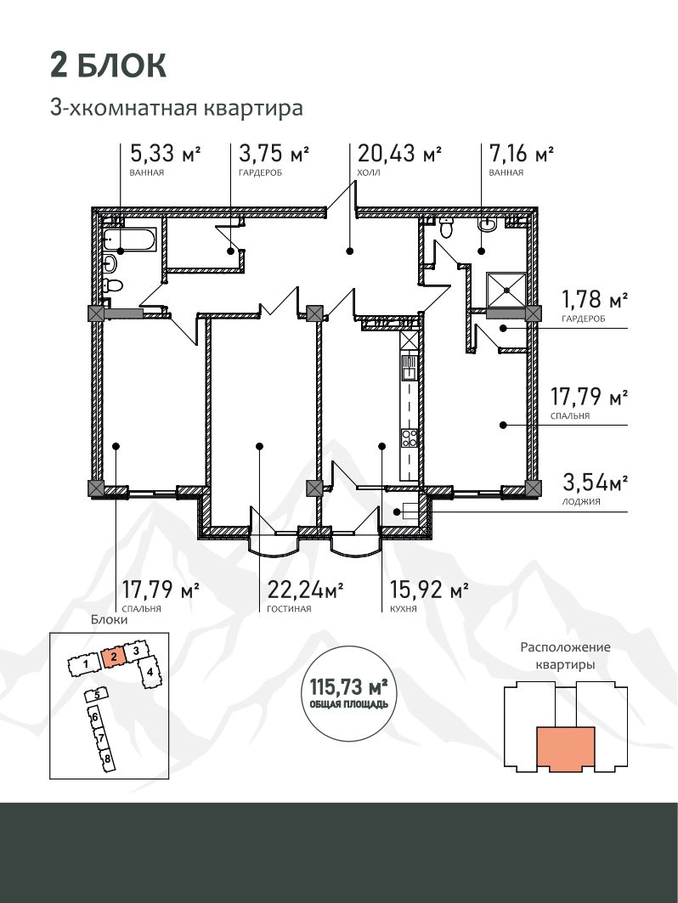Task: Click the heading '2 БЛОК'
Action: coord(108,65)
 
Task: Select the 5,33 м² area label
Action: coord(166,154)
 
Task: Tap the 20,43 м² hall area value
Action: coord(400,154)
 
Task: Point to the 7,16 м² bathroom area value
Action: coord(522,154)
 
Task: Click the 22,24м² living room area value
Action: coord(305,590)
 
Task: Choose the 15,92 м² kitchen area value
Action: coord(428,590)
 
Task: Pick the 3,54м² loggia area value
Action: coord(595,482)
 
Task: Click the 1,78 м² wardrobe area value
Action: coord(595,300)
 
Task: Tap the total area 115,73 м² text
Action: coord(348,686)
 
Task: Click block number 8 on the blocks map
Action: coord(106,758)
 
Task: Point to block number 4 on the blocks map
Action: coord(150,672)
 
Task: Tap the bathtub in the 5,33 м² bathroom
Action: coord(130,240)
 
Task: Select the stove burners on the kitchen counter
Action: coord(409,437)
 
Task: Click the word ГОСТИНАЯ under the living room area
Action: coord(289,609)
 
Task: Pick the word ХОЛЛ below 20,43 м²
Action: coord(369,172)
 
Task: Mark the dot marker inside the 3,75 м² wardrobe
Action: coord(230,251)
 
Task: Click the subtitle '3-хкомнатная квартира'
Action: coord(177,108)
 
